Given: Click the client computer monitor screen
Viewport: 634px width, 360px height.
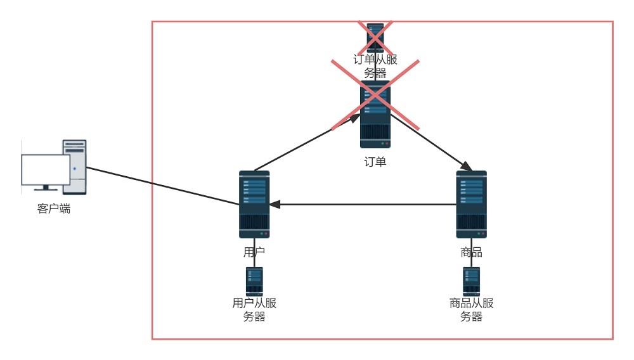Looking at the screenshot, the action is (46, 170).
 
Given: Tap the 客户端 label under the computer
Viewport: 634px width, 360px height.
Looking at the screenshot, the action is (54, 209).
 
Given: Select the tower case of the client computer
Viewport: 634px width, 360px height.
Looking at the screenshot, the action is (74, 167).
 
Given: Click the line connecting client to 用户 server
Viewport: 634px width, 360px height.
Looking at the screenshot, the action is (162, 186).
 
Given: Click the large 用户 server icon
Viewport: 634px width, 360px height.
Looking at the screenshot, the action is (254, 205).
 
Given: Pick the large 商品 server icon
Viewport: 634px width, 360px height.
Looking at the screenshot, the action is (472, 205).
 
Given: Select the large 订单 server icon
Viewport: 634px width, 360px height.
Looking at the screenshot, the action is (375, 114).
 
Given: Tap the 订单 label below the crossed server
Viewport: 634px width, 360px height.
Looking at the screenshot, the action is (375, 162).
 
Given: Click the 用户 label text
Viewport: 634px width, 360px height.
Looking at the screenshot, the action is (254, 252).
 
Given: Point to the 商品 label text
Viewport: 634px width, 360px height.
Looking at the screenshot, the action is (472, 252).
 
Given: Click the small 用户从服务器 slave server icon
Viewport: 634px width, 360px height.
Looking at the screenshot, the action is (254, 281).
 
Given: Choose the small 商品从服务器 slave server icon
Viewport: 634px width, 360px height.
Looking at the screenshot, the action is (472, 281).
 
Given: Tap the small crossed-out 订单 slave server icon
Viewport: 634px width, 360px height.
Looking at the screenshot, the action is (375, 37).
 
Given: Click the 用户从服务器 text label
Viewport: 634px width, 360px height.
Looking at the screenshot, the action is (254, 309).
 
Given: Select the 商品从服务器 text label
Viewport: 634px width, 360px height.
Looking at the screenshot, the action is (472, 309).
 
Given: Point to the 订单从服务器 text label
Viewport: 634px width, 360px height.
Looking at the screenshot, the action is (375, 66).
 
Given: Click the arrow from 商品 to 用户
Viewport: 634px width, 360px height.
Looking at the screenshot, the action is (363, 205).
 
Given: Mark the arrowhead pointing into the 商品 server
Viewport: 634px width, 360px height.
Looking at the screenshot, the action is (467, 167).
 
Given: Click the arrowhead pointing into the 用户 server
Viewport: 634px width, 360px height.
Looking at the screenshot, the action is (275, 205).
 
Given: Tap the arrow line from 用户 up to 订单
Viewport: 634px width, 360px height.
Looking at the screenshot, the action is (307, 142).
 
